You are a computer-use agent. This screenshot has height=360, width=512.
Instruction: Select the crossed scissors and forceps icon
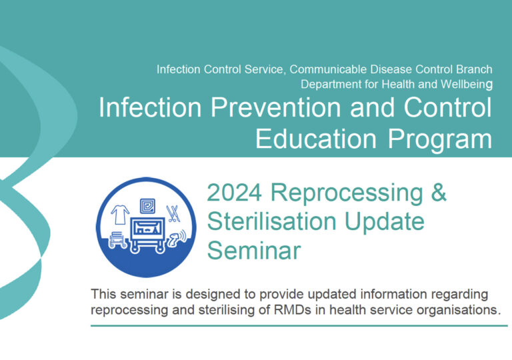[173, 213]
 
